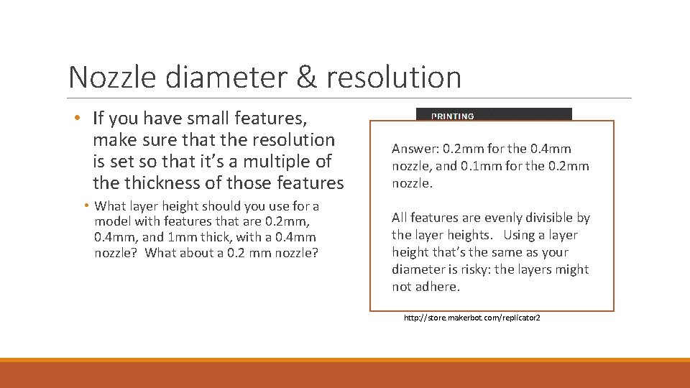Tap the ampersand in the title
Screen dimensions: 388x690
(x=306, y=78)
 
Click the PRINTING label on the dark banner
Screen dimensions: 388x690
(x=452, y=116)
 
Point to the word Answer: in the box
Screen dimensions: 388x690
(x=415, y=149)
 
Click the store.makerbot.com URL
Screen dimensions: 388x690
(x=471, y=317)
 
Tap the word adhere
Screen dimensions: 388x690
(x=437, y=287)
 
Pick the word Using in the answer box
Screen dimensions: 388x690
(x=518, y=235)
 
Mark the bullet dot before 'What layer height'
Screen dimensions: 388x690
(x=87, y=206)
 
